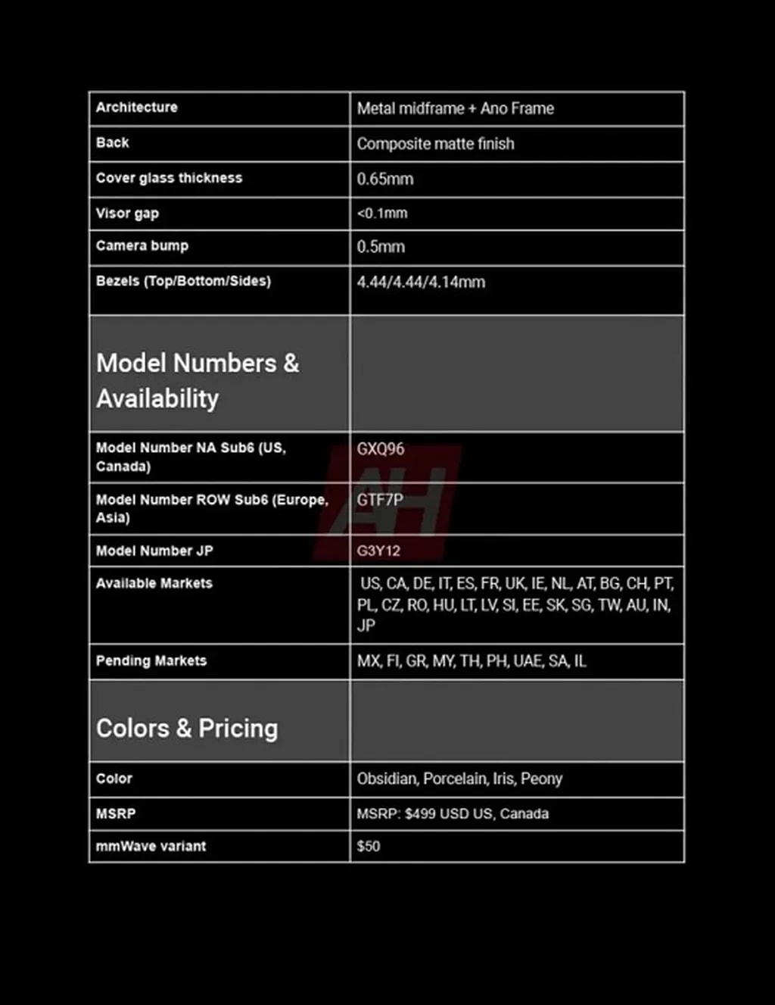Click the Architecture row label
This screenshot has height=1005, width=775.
(x=136, y=108)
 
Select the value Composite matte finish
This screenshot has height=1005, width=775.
(x=435, y=144)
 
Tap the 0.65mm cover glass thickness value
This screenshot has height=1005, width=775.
(x=385, y=179)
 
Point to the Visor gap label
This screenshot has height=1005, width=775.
(x=127, y=214)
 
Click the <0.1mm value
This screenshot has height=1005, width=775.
(x=382, y=214)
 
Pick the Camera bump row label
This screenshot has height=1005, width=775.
(x=142, y=246)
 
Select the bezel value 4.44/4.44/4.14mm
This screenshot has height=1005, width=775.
(x=421, y=282)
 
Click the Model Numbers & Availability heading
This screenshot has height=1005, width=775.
(x=198, y=380)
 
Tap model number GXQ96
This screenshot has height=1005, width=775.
(x=381, y=449)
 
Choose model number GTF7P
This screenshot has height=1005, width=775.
(x=380, y=500)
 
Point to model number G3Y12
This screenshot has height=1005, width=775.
(x=378, y=551)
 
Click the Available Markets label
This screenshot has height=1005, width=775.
(x=154, y=583)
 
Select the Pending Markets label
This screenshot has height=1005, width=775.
(x=151, y=660)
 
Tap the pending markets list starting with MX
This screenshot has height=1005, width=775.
(x=472, y=661)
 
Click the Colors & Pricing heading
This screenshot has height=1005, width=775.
(x=187, y=728)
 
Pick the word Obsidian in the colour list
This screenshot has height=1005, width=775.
(x=387, y=779)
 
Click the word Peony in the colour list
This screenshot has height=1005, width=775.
(x=541, y=779)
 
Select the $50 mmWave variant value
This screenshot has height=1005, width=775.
(x=369, y=846)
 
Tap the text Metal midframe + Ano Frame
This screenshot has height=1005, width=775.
(x=456, y=108)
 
